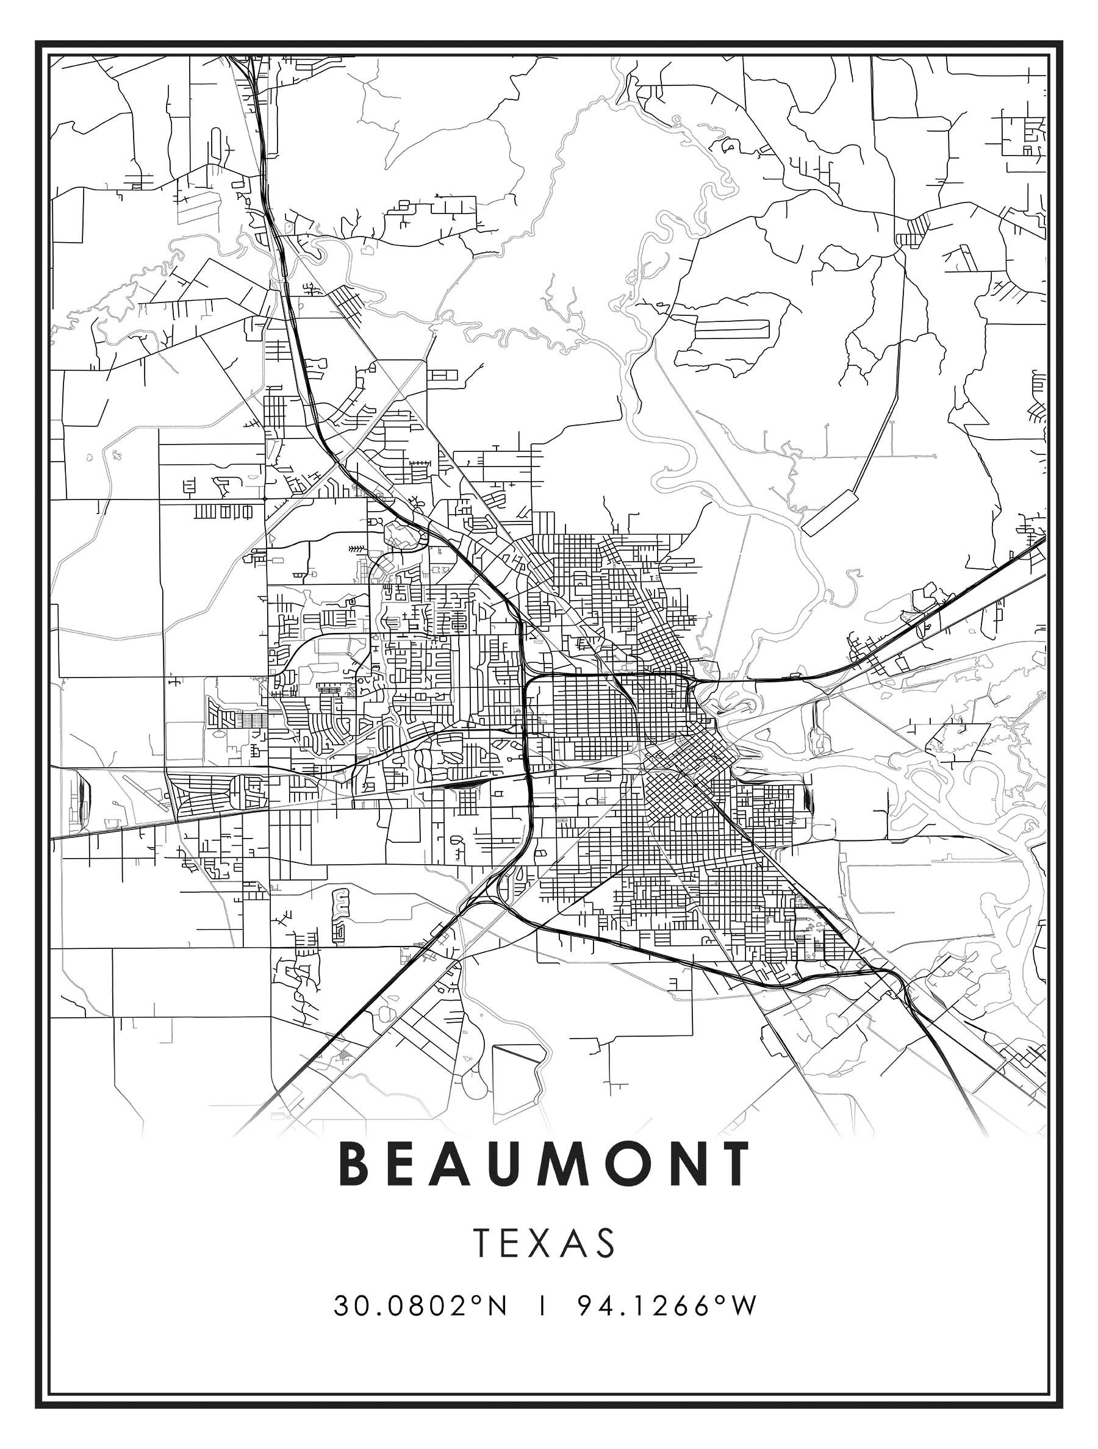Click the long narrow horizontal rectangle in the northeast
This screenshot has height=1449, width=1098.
(728, 327)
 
